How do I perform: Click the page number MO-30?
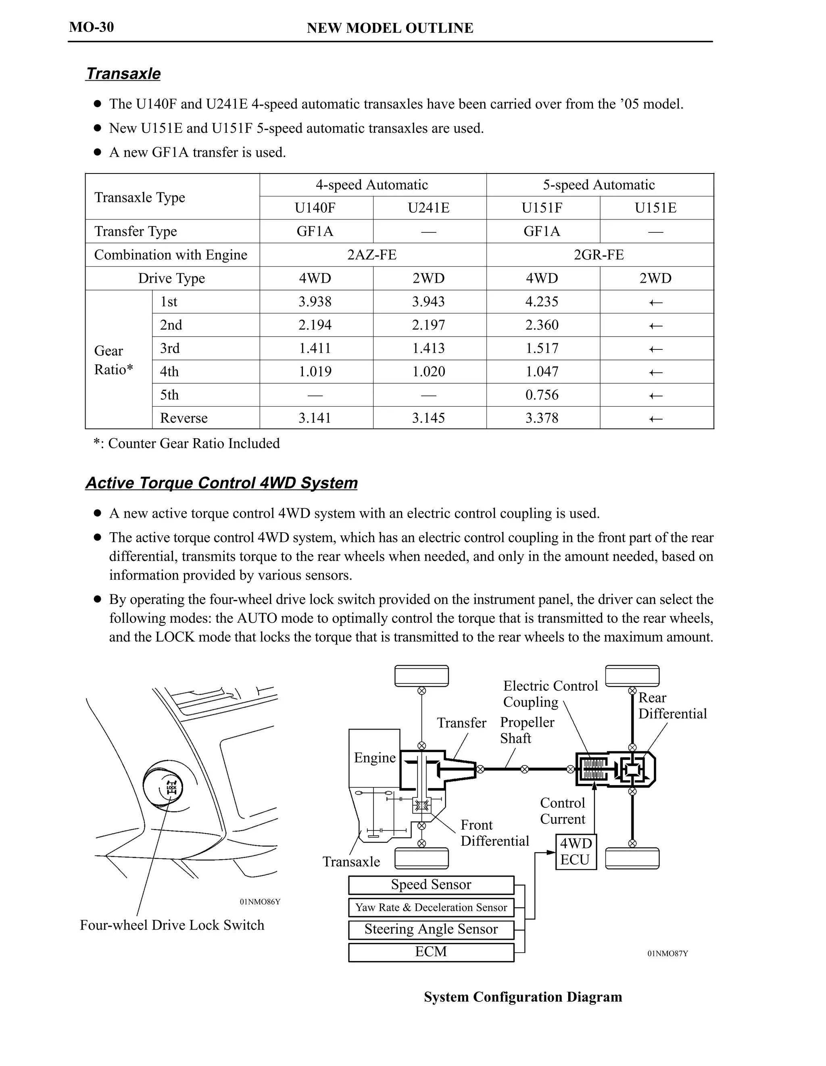(91, 27)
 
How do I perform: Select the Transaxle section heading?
(123, 74)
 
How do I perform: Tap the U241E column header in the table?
(428, 208)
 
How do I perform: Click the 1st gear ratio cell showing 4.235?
(542, 302)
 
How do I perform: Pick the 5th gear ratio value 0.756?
(542, 395)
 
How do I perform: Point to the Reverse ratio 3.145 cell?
(428, 418)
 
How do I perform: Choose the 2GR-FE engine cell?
(599, 255)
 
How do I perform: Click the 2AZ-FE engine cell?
(372, 255)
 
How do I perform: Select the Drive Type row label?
(171, 278)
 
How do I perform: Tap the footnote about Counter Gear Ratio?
(187, 443)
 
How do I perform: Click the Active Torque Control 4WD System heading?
(221, 483)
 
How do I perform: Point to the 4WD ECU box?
(576, 852)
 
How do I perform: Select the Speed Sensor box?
(431, 884)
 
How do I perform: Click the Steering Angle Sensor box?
(431, 929)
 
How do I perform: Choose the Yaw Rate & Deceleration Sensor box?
(431, 907)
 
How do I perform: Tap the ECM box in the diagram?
(431, 951)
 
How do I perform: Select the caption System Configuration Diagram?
(523, 996)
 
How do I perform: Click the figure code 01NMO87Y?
(667, 953)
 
